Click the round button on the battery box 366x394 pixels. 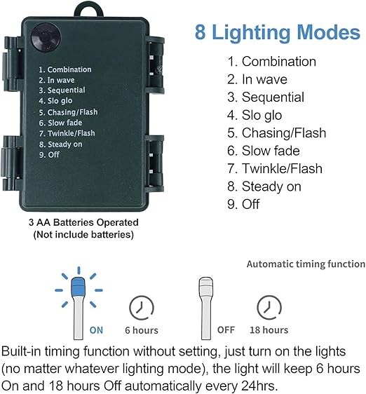[46, 37]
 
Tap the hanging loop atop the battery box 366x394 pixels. [88, 10]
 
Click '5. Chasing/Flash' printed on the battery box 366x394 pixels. [68, 112]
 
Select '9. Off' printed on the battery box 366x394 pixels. [49, 154]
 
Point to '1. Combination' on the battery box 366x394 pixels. [65, 69]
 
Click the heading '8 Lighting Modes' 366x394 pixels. [278, 33]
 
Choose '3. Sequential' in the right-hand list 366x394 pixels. [266, 97]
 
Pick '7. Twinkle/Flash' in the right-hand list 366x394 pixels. [275, 168]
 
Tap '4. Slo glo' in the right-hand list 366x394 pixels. [255, 116]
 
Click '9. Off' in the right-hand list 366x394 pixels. [243, 204]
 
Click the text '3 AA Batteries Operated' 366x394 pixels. [83, 222]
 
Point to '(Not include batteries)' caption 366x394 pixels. [83, 234]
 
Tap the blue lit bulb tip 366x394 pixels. [79, 286]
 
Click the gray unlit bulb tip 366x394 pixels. [205, 286]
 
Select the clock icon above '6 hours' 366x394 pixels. [141, 308]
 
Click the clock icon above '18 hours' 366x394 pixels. [269, 308]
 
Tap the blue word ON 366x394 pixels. [96, 330]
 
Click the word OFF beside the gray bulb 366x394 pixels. [226, 330]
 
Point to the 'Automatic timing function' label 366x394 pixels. [306, 264]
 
